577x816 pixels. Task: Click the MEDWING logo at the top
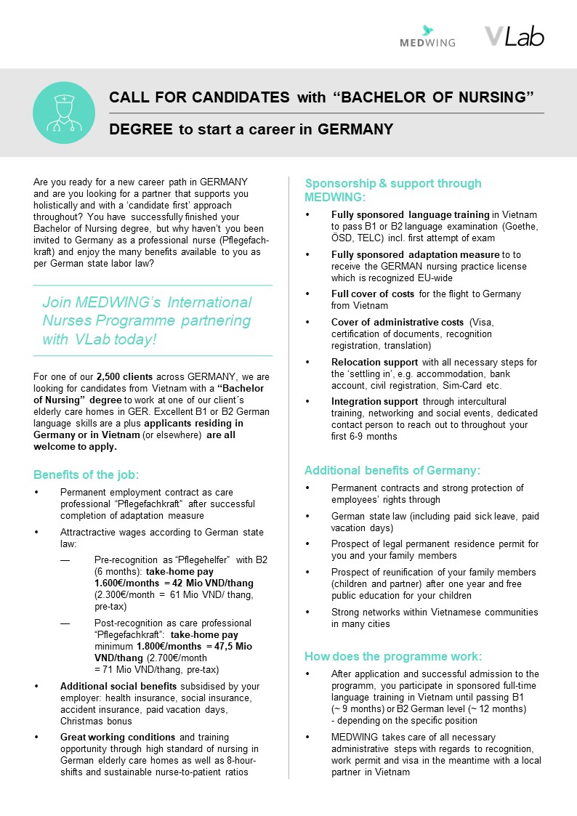pos(427,37)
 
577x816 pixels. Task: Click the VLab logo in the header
pos(514,36)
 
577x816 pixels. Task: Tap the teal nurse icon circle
pos(64,113)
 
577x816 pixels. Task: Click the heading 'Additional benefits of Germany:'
pos(392,470)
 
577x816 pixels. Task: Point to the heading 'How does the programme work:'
pos(392,656)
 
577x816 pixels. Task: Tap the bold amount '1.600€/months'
pos(128,583)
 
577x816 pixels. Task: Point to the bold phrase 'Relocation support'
pos(374,362)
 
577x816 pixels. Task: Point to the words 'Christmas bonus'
pos(97,721)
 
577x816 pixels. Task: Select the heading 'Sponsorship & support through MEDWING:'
pos(392,190)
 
